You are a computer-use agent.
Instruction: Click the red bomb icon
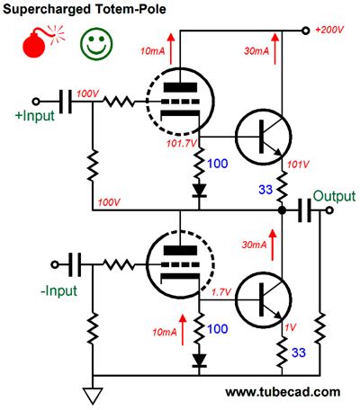(35, 45)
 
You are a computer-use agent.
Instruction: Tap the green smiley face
(96, 43)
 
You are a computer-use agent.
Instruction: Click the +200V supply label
(329, 30)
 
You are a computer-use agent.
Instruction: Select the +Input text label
(35, 116)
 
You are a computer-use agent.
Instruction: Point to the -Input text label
(58, 290)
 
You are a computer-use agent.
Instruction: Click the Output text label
(334, 196)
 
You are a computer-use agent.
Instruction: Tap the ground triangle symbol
(93, 396)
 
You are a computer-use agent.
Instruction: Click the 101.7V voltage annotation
(182, 144)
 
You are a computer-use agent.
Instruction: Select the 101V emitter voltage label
(298, 165)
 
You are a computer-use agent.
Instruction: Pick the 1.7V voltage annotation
(221, 291)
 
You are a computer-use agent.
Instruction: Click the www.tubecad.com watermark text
(283, 392)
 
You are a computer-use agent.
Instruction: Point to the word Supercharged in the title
(47, 9)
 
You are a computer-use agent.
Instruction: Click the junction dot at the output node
(282, 210)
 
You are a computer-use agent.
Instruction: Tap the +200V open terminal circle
(305, 31)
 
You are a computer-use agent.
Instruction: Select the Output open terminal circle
(329, 210)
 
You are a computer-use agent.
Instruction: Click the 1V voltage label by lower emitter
(291, 327)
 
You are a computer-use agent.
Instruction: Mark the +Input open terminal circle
(36, 102)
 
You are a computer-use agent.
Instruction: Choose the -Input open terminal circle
(55, 264)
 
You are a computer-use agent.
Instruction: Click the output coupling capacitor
(304, 210)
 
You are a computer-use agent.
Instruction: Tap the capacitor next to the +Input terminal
(66, 102)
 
